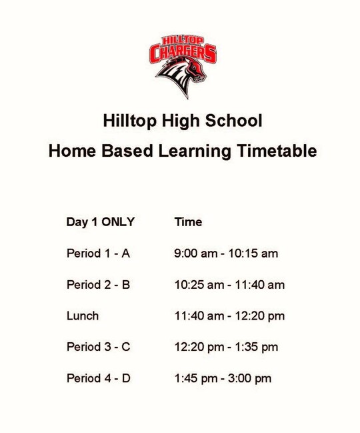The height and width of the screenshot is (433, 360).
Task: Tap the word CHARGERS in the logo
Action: (x=183, y=53)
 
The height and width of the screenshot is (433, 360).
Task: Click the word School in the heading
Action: (x=233, y=121)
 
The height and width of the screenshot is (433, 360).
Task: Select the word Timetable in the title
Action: (x=277, y=151)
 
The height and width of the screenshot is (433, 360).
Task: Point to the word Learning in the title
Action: (x=195, y=151)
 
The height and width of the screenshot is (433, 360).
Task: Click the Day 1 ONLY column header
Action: (x=101, y=222)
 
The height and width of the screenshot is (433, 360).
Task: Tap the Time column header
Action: (x=188, y=222)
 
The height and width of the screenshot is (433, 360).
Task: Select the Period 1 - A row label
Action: (x=98, y=254)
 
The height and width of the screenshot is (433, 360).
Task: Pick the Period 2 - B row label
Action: (x=98, y=285)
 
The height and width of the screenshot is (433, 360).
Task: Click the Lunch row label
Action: (x=83, y=316)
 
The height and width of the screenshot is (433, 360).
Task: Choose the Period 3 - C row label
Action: (x=99, y=347)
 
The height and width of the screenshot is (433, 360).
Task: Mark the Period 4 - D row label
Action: (x=99, y=378)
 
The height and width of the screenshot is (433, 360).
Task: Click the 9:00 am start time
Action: (x=195, y=254)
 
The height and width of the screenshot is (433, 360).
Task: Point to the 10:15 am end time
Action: (x=253, y=254)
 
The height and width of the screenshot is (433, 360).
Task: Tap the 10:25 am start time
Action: (x=199, y=285)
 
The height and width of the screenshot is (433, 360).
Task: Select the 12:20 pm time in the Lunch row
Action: (x=260, y=316)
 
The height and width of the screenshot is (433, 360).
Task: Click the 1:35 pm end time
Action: (x=257, y=348)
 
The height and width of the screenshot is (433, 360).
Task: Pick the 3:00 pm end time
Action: (x=249, y=379)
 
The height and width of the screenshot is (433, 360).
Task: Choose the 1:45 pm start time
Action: (x=196, y=379)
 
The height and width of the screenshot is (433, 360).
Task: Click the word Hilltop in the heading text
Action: (x=129, y=121)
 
